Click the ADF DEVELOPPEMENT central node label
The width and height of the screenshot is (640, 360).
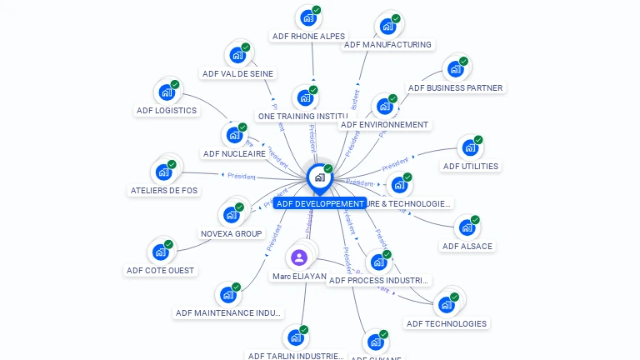pos(321,203)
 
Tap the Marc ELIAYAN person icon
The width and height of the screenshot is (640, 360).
pos(299,257)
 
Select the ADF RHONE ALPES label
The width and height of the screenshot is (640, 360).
pos(308,37)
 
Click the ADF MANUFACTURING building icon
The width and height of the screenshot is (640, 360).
pos(387,26)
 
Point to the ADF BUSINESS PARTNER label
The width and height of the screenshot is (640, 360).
pos(455,87)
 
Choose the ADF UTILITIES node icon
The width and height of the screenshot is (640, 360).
pos(470,148)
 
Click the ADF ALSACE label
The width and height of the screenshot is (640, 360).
pos(467,247)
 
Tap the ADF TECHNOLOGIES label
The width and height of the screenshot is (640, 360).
pos(446,323)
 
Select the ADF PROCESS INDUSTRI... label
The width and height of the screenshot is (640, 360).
pos(379,281)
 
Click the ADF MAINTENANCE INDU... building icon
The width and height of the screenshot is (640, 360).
pos(227,294)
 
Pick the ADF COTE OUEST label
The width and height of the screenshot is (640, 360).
pos(160,270)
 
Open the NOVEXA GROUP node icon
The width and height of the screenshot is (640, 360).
pos(231,214)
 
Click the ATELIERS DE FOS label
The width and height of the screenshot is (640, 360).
pos(164,190)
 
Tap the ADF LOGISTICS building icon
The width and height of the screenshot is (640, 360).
pos(167,92)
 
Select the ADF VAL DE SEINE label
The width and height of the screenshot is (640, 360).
pos(237,73)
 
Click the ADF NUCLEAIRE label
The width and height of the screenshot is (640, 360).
pos(234,153)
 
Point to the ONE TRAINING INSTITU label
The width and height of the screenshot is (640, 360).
pos(302,117)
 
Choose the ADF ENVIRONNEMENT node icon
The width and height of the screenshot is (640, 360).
pos(384,106)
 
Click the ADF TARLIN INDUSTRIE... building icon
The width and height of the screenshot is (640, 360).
pos(295,337)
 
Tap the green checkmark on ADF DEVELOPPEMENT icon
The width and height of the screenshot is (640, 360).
pos(328,169)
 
